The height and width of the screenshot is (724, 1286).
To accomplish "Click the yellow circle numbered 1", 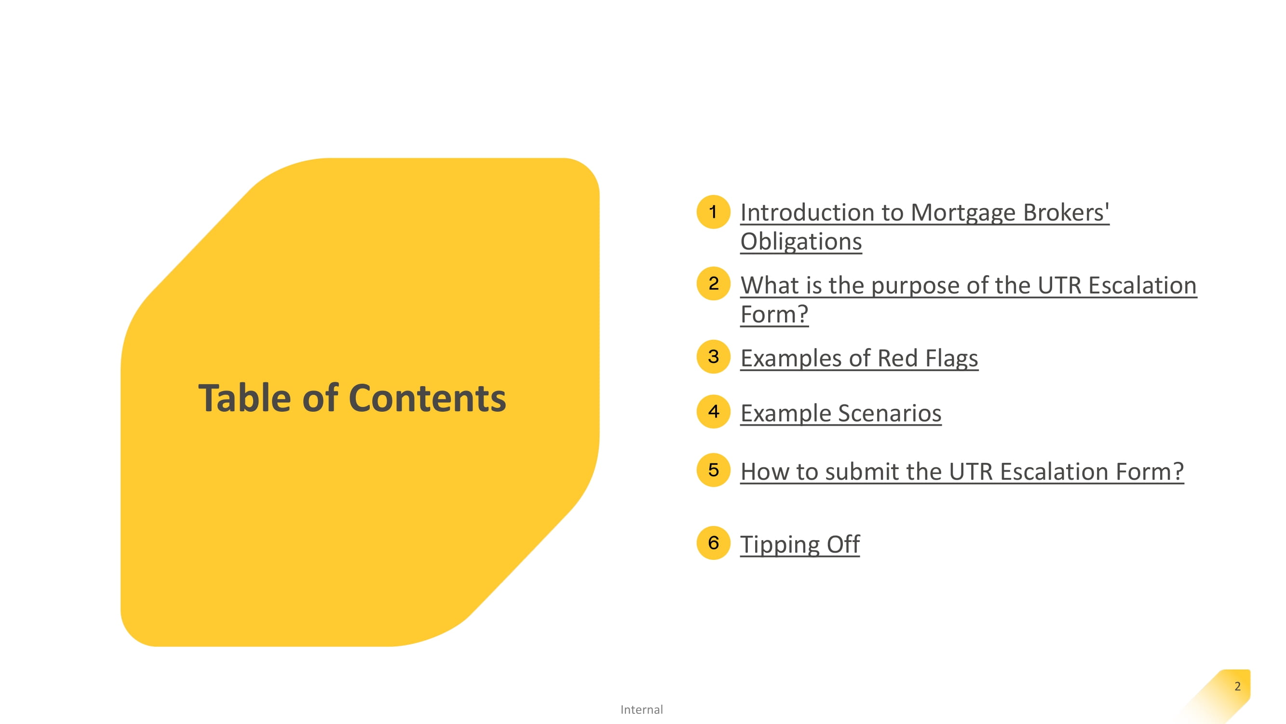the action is coord(713,212).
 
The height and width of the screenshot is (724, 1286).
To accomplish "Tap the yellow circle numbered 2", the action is coord(713,284).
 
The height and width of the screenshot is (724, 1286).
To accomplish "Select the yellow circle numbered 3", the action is coord(713,357).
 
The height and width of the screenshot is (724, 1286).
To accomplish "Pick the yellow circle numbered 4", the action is coord(713,412).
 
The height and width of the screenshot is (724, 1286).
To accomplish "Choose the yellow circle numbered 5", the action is coord(713,470).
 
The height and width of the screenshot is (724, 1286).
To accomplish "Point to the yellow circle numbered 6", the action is coord(713,543).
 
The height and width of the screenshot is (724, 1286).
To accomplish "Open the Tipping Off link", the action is coord(800,544).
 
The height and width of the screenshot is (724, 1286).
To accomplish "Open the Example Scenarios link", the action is coord(840,413).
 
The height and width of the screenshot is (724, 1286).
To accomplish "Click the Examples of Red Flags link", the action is coord(859,358).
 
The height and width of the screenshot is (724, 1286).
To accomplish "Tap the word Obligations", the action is coord(801,242).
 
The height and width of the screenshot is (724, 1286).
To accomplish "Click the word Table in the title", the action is coord(244,398).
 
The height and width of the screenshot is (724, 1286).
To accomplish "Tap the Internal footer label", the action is coord(641,710).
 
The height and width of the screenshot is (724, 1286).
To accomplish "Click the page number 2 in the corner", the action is coord(1238,686).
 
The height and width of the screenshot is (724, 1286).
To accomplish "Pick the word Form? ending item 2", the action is coord(774,315).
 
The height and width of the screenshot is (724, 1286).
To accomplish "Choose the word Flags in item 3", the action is coord(951,358).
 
